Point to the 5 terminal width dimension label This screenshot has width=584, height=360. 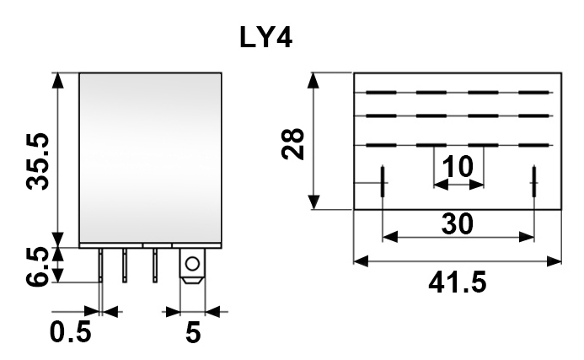(193, 332)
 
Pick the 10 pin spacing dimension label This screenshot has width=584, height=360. (458, 168)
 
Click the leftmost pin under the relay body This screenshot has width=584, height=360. (101, 265)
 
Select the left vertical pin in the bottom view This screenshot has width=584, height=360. (383, 180)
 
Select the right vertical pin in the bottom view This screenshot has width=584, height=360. (534, 180)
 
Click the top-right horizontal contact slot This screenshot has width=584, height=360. (534, 92)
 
